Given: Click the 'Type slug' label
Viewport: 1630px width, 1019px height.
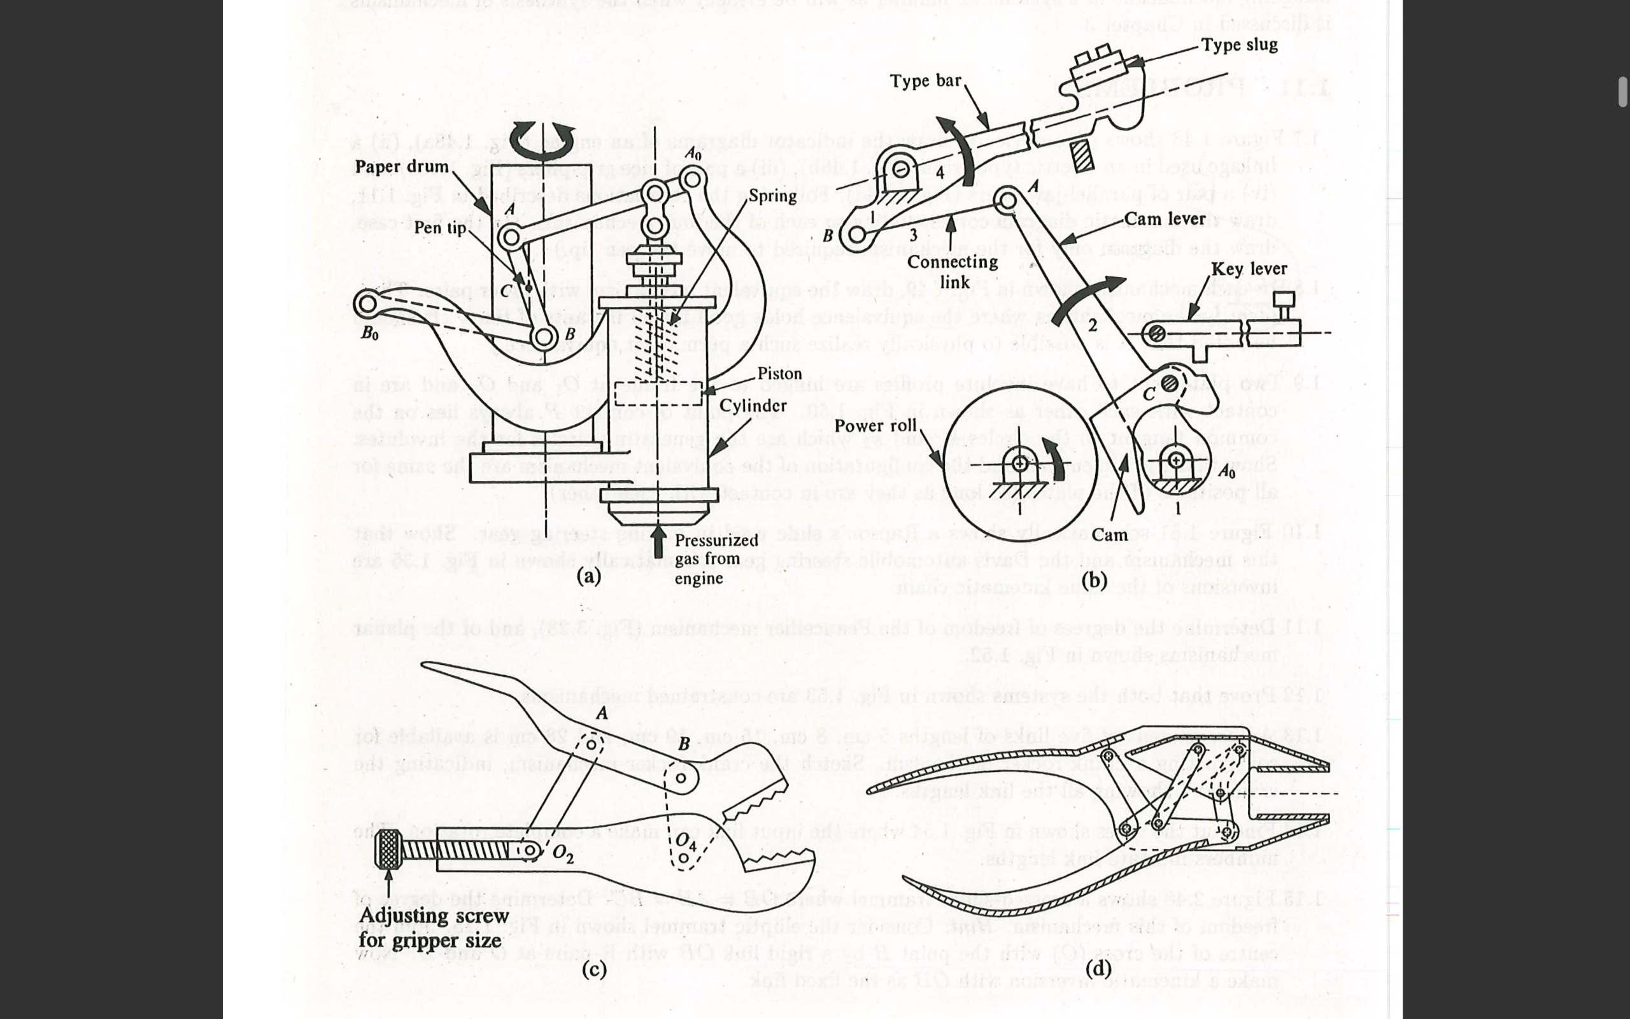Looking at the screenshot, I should [1238, 45].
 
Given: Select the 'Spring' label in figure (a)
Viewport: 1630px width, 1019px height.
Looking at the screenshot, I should [772, 196].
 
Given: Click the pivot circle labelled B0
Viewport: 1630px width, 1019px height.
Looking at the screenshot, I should [366, 303].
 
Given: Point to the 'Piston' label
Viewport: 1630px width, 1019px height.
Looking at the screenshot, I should [779, 373].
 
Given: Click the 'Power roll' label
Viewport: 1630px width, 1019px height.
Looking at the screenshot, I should [875, 425].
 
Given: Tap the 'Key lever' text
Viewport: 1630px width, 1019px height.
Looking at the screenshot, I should [1248, 269].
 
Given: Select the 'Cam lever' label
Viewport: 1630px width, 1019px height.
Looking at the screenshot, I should [1165, 219].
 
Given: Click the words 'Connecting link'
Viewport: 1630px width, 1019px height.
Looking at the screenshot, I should [953, 271].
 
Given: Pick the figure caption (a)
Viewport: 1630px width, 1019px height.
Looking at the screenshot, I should [589, 576].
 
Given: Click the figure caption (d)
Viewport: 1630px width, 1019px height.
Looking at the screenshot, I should [1098, 969].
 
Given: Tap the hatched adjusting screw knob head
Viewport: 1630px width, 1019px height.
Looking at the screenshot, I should [388, 848].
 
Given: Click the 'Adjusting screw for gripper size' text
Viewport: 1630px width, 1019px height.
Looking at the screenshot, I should [432, 927].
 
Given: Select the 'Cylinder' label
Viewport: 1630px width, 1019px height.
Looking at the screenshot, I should [753, 406].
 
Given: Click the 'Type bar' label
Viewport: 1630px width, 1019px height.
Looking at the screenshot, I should [925, 81].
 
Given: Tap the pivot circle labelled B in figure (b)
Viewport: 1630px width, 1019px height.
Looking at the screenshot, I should [857, 234].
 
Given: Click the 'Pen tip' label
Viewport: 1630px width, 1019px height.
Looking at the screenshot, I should [440, 228].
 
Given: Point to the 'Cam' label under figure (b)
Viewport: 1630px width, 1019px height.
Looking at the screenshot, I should [1109, 535].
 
